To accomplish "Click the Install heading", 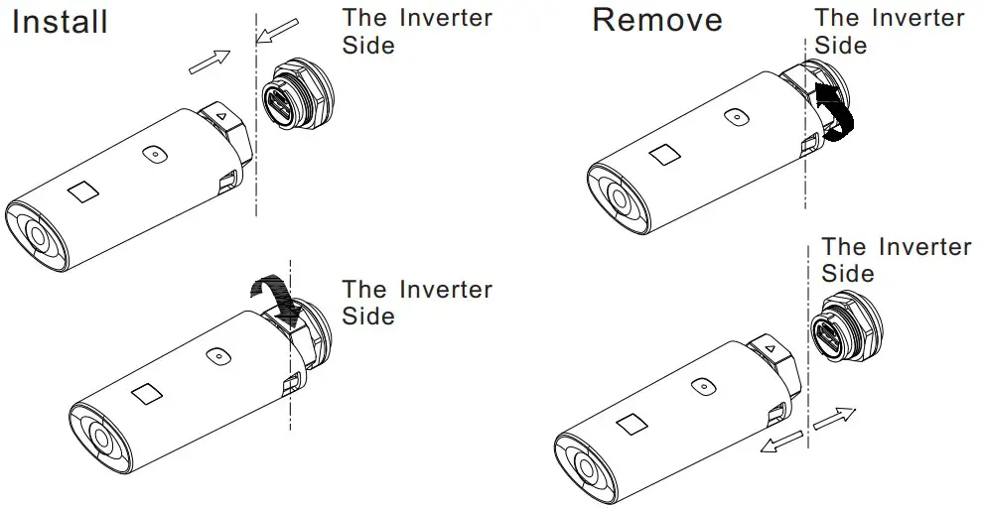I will coord(60,21).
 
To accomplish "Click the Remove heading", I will coord(658,21).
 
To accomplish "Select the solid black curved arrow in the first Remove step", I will coord(835,113).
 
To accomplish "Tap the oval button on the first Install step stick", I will coord(152,154).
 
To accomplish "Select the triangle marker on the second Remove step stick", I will coord(769,348).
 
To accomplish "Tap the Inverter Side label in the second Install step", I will coord(416,303).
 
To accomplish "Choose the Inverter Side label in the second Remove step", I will coord(896,259).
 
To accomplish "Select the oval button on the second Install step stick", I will coord(213,355).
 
